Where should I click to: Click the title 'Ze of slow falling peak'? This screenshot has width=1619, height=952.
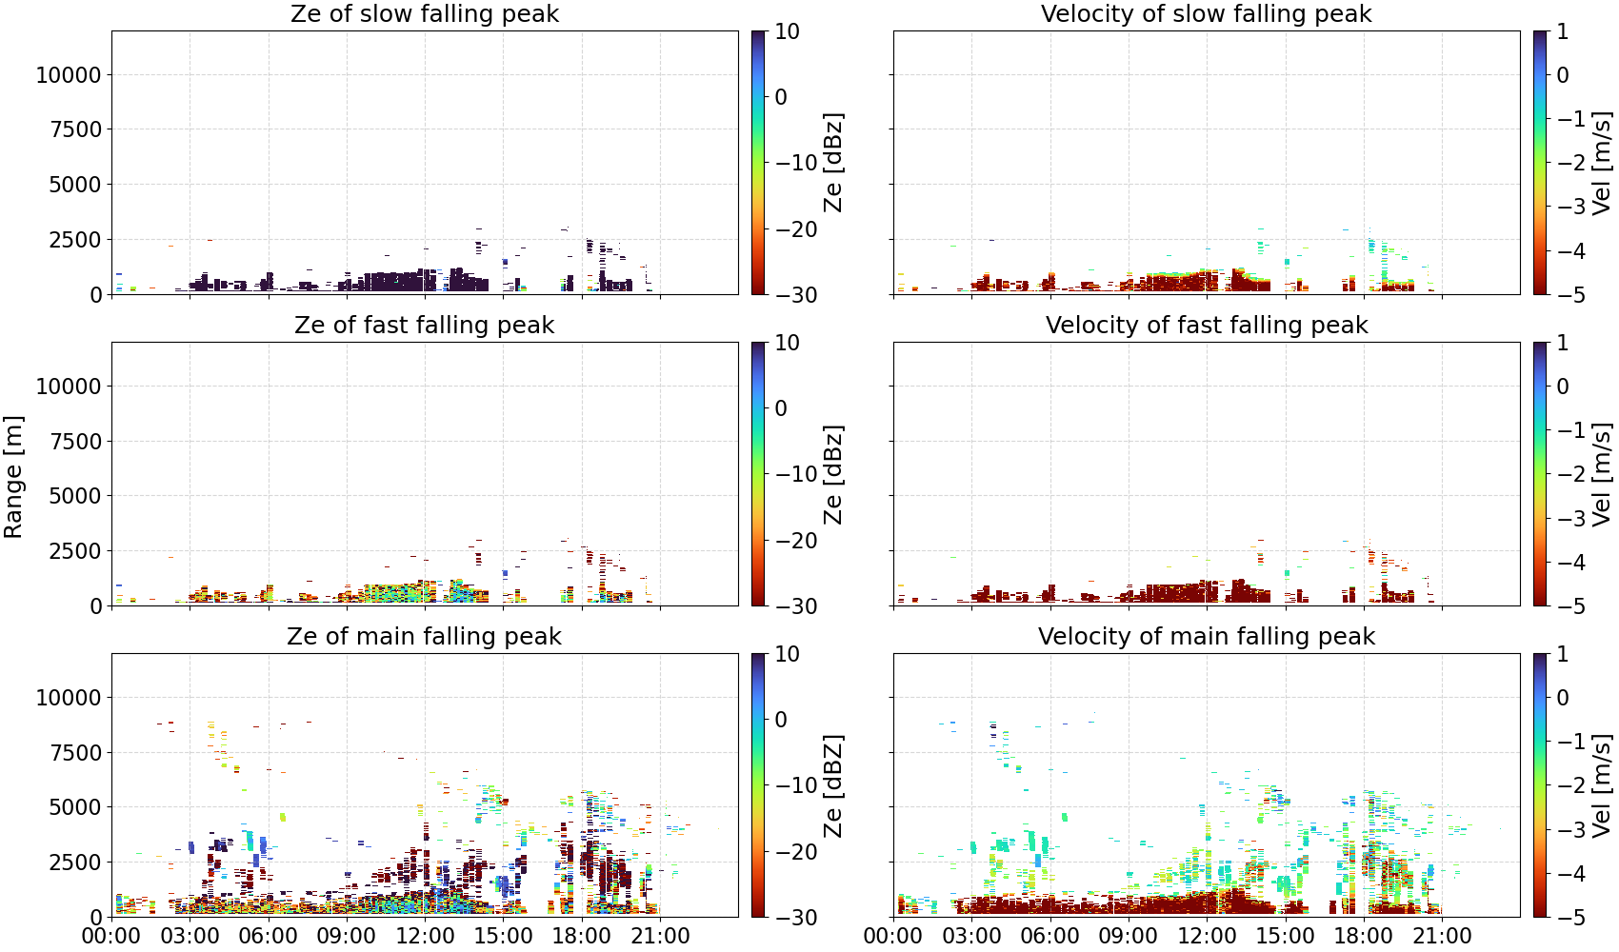[424, 13]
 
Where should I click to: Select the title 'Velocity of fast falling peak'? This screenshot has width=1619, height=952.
[1207, 325]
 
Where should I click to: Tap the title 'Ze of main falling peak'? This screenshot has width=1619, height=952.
[424, 636]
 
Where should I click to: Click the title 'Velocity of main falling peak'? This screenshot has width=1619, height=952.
[1207, 636]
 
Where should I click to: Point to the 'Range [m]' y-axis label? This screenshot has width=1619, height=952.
[13, 477]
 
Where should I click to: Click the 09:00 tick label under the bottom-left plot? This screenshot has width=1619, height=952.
[347, 936]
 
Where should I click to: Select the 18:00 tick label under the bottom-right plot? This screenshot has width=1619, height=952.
[1363, 936]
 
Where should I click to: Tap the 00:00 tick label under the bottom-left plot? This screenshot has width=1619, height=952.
[111, 936]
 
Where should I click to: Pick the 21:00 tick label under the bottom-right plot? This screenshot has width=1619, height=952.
[1442, 936]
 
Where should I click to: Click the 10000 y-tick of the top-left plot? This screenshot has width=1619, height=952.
[69, 74]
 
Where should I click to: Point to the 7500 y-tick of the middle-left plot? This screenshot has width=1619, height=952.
[75, 442]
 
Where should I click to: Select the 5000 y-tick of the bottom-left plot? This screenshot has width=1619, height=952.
[75, 807]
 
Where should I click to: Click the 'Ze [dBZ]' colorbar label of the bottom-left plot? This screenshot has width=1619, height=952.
[832, 785]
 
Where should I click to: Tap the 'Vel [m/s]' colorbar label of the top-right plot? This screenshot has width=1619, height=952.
[1602, 163]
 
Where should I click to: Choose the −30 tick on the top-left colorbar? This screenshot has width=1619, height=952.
[796, 295]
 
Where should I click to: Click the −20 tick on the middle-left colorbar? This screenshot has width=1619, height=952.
[796, 541]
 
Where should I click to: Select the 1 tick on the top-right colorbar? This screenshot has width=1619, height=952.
[1563, 31]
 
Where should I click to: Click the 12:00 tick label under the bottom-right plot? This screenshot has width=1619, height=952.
[1207, 936]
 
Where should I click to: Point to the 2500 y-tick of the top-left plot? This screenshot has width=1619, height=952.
[75, 240]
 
